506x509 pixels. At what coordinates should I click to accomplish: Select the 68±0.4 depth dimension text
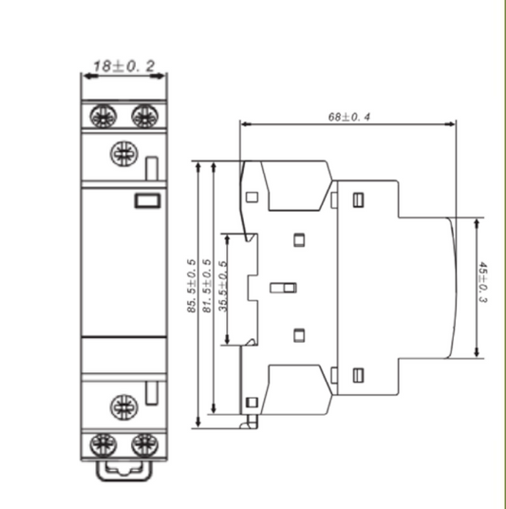coord(349,117)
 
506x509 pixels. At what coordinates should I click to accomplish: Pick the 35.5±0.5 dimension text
coord(222,287)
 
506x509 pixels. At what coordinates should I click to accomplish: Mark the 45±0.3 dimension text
coord(484,284)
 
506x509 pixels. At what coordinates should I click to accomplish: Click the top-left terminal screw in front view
coord(101,117)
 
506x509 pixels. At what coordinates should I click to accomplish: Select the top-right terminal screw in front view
coord(143,117)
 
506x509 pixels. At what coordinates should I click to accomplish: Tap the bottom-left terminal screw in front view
coord(101,443)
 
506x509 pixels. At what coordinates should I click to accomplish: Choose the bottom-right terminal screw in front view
coord(143,443)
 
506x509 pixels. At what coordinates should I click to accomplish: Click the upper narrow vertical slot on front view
coord(152,168)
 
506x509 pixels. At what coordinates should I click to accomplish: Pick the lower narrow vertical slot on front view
coord(152,393)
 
